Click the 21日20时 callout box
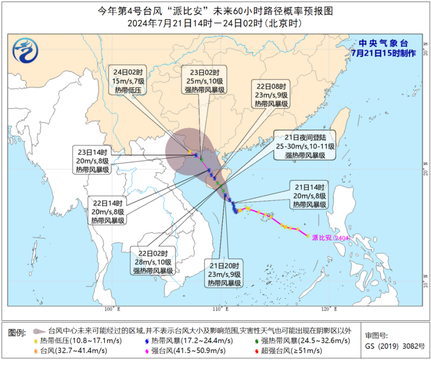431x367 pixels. coord(224,273)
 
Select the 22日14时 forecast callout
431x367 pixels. coord(108,210)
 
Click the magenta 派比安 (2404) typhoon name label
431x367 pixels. coord(331,237)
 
